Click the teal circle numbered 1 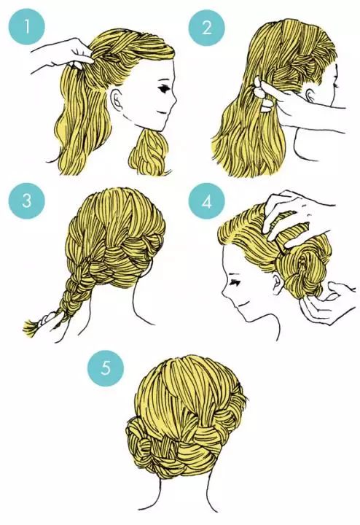[26, 26]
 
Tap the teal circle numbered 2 [206, 27]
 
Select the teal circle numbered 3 [27, 201]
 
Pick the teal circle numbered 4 [206, 201]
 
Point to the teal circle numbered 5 [106, 368]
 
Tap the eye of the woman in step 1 [165, 89]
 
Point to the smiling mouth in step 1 [163, 112]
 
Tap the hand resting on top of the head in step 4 [294, 214]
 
